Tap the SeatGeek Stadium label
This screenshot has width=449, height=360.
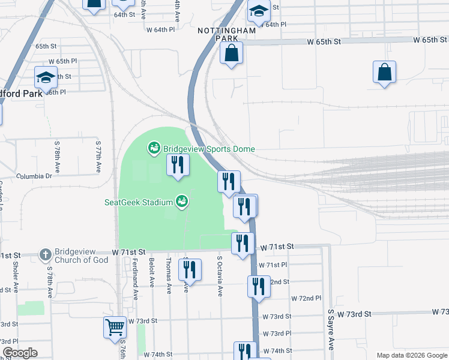[x=138, y=202]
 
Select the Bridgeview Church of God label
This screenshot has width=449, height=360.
[x=82, y=256]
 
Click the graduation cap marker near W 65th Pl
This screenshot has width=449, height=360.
[x=46, y=77]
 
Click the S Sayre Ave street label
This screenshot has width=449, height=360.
[x=330, y=329]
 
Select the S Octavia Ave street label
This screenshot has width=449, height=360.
[x=220, y=276]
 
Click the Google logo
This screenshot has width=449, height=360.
[x=20, y=353]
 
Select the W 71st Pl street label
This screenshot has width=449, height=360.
[x=273, y=265]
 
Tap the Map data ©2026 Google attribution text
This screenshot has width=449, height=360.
[x=411, y=355]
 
